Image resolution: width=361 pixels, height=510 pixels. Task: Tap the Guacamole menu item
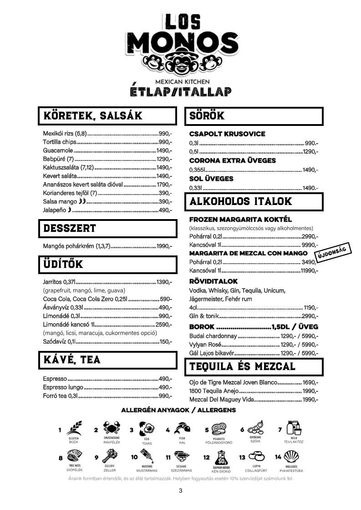click(x=58, y=150)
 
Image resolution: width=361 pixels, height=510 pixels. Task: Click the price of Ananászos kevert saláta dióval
click(x=164, y=185)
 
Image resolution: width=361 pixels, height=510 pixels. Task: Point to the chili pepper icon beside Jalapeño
click(x=70, y=210)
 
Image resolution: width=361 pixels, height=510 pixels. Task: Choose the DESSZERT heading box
click(x=107, y=228)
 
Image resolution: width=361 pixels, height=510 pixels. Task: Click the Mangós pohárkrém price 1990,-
click(x=164, y=246)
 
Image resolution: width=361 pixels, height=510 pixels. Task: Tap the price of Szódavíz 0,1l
click(x=166, y=342)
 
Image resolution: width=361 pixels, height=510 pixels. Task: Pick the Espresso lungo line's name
click(x=63, y=387)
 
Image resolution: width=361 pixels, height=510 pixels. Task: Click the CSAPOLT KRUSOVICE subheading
click(x=227, y=134)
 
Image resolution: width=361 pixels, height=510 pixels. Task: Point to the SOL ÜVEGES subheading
click(x=211, y=179)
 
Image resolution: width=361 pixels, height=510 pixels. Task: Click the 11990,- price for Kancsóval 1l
click(x=309, y=271)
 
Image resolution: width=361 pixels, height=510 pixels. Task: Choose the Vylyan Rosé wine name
click(x=205, y=345)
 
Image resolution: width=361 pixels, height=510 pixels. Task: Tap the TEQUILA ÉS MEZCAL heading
click(x=242, y=366)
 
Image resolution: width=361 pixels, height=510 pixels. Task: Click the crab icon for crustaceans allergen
click(x=112, y=428)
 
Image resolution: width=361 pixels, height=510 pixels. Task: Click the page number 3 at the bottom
click(x=181, y=490)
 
